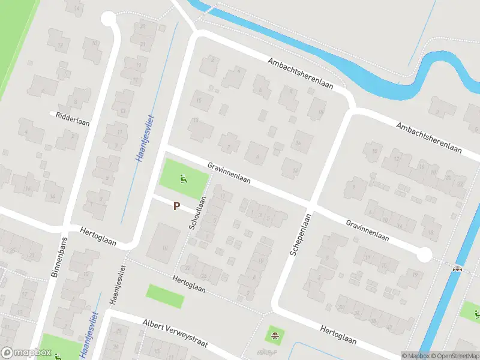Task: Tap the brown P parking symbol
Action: [x=176, y=206]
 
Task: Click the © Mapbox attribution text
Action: [x=415, y=356]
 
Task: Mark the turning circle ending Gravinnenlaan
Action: [x=424, y=255]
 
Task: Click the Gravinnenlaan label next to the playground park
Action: [x=229, y=173]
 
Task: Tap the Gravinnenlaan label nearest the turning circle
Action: [x=367, y=230]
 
